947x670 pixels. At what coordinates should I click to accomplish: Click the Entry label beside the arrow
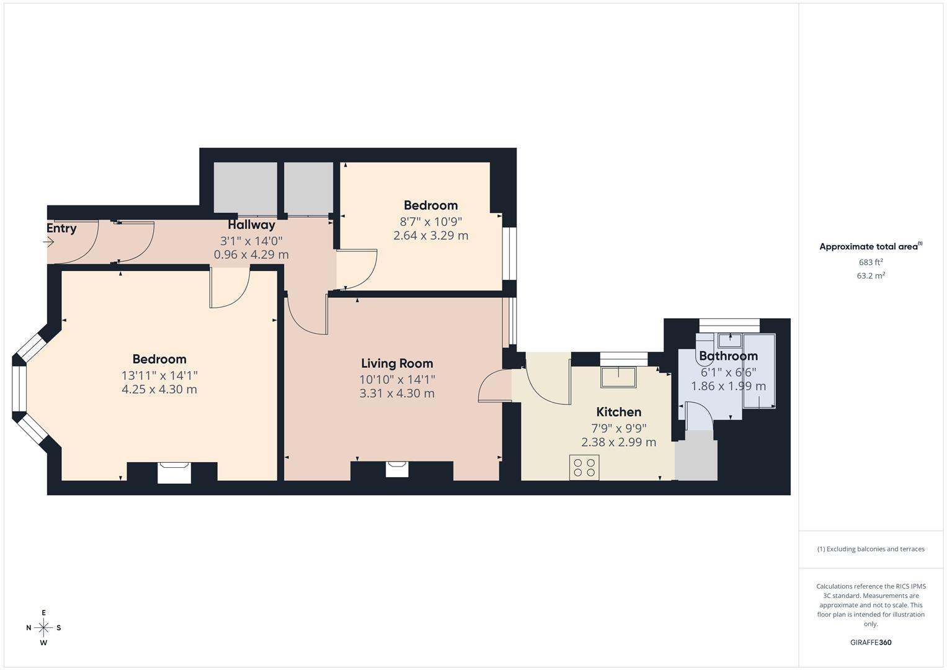[x=61, y=228]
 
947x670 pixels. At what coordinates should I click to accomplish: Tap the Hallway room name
[x=251, y=225]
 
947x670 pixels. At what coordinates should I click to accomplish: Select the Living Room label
[x=397, y=364]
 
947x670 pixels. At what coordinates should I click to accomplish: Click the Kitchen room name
[x=618, y=412]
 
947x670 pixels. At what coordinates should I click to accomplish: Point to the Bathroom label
[x=728, y=356]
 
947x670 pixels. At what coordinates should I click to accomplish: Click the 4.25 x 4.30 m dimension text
[x=159, y=390]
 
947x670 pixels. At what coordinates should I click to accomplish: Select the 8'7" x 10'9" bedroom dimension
[x=430, y=221]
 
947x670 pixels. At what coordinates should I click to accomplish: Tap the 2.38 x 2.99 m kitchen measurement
[x=618, y=442]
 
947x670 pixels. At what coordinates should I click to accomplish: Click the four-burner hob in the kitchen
[x=584, y=467]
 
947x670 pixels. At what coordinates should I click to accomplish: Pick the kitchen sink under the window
[x=618, y=377]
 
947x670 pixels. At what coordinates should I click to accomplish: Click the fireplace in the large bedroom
[x=174, y=472]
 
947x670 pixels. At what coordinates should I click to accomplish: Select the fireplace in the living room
[x=397, y=469]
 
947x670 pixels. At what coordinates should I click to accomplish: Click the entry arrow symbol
[x=50, y=243]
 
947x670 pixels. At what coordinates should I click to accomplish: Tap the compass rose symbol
[x=43, y=628]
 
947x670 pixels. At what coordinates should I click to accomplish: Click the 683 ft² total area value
[x=871, y=262]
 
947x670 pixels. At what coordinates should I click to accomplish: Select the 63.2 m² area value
[x=871, y=276]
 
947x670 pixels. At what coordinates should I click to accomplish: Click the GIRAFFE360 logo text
[x=871, y=643]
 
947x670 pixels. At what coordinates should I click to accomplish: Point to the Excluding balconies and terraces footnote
[x=871, y=549]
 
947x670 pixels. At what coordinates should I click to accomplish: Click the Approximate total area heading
[x=870, y=247]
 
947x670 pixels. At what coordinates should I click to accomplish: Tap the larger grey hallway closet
[x=245, y=188]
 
